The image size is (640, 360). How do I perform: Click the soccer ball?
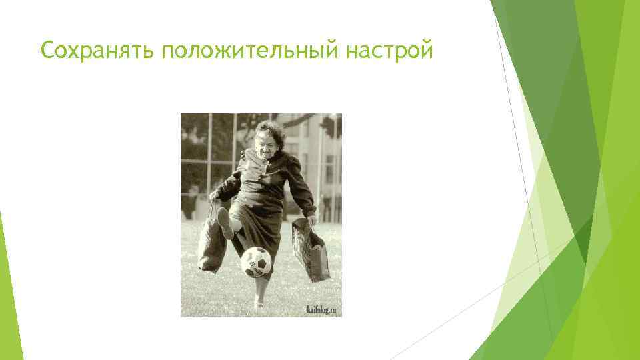coord(257,262)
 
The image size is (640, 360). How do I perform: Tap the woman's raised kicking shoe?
coord(225,224)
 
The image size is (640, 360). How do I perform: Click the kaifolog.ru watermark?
coord(323,309)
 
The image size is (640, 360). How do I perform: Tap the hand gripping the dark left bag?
coord(215,196)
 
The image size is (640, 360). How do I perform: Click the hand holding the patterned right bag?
coord(311,219)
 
